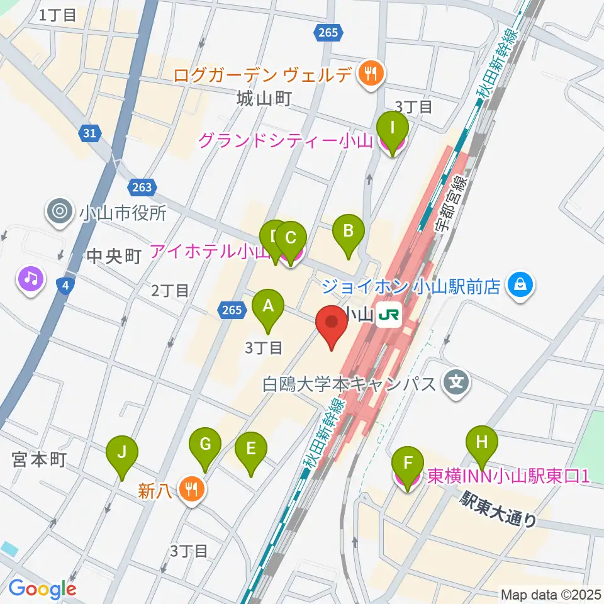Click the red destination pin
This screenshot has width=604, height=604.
tap(332, 326)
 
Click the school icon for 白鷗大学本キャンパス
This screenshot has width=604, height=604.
tap(457, 383)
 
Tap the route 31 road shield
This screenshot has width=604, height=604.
tap(90, 133)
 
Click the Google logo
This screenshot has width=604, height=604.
tap(42, 588)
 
